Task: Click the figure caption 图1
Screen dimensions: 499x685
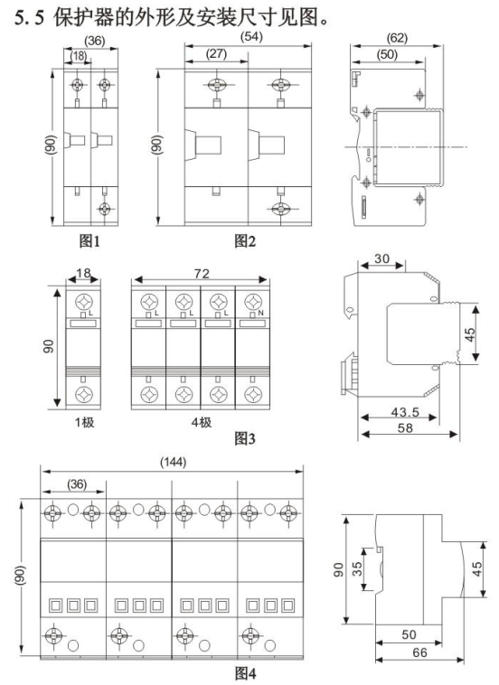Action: pyautogui.click(x=89, y=240)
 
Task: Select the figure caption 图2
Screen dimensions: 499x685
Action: pyautogui.click(x=245, y=240)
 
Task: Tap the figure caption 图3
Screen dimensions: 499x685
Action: pyautogui.click(x=245, y=438)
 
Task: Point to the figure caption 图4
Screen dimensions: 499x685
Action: pyautogui.click(x=246, y=673)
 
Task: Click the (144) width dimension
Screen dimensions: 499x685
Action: pyautogui.click(x=173, y=462)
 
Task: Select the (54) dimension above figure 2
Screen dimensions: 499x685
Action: pyautogui.click(x=251, y=36)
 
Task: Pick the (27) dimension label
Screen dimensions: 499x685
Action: pyautogui.click(x=216, y=53)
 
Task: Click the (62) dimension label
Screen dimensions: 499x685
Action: pyautogui.click(x=397, y=38)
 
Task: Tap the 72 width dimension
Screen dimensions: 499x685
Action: pyautogui.click(x=202, y=274)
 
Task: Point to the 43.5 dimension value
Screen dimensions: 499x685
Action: pyautogui.click(x=405, y=412)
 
